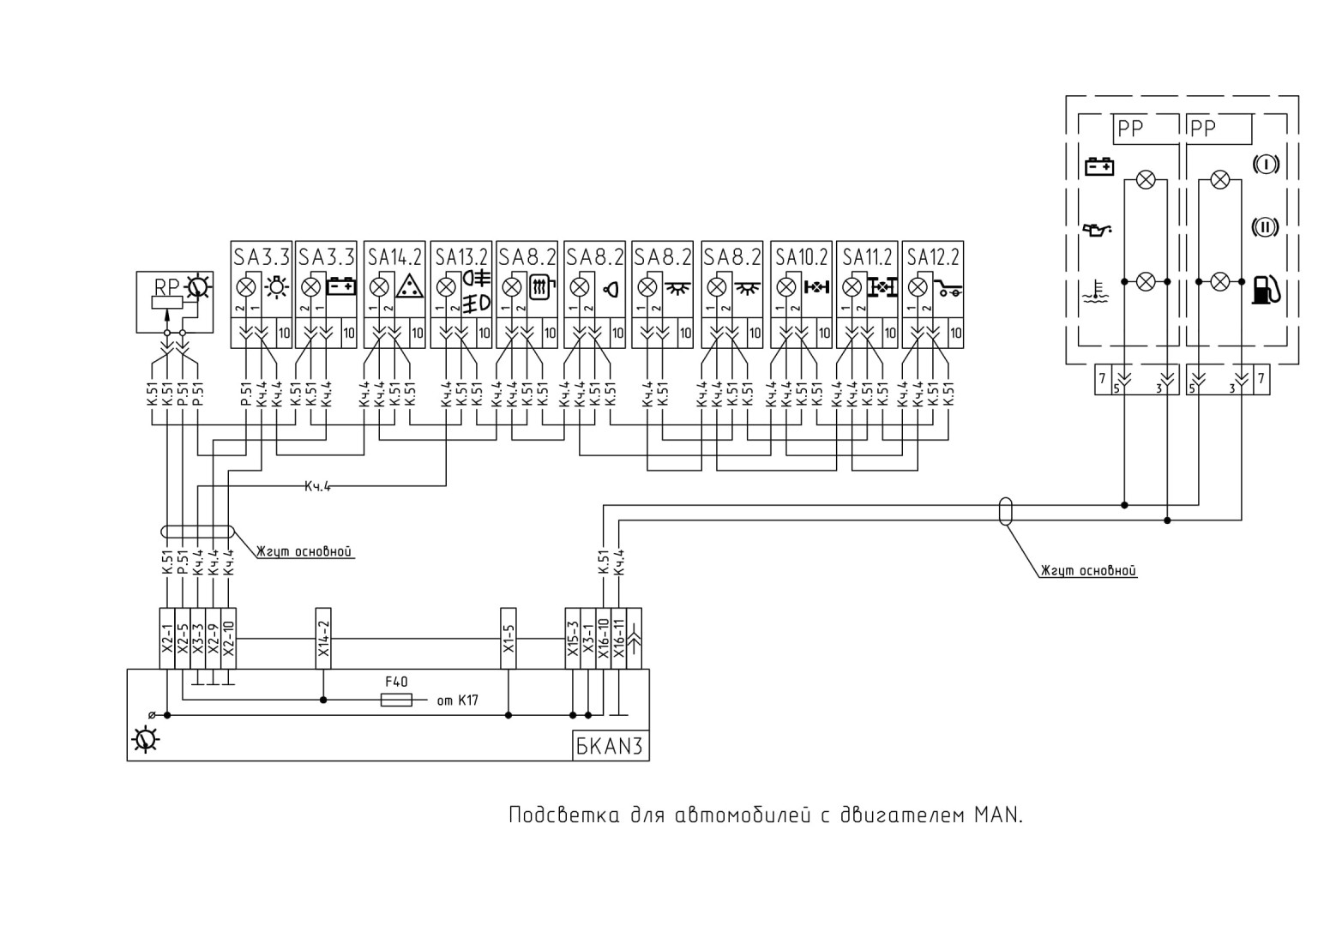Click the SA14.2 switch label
[x=394, y=257]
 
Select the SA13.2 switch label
[x=461, y=257]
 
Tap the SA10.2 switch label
[x=802, y=257]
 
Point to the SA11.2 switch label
[x=867, y=257]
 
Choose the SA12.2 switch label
[x=933, y=257]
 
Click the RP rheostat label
[x=166, y=287]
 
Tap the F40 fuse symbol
[x=396, y=700]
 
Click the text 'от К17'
[x=457, y=700]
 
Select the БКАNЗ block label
[x=610, y=745]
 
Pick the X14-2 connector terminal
[x=323, y=639]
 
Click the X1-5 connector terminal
[x=509, y=639]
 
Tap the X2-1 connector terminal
[x=167, y=639]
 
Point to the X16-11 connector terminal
[x=618, y=639]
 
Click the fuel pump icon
[x=1265, y=291]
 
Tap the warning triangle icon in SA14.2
[x=410, y=286]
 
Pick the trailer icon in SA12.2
[x=948, y=289]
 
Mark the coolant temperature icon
[x=1096, y=292]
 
